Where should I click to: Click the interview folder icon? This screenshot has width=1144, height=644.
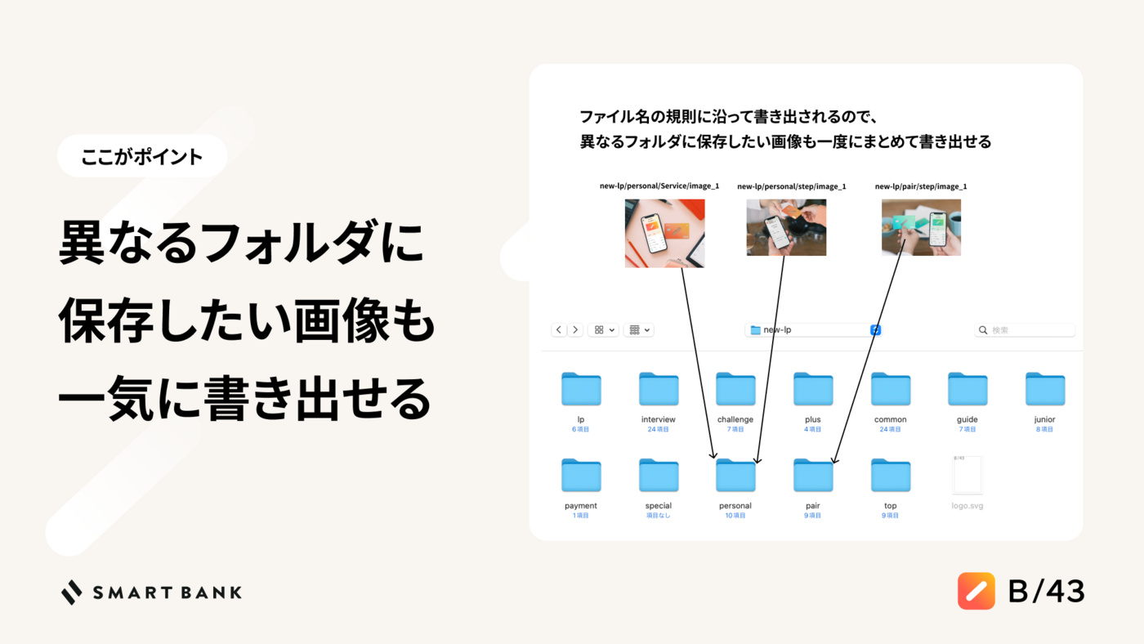pos(659,389)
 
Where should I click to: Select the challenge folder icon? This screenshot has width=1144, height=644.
pos(735,389)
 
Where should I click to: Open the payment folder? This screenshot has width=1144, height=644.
pos(581,476)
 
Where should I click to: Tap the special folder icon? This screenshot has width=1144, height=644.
pos(659,476)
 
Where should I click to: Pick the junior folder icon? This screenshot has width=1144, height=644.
pos(1045,389)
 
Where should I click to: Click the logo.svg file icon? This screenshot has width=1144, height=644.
pos(967,475)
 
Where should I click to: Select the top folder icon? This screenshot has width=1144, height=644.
pos(890,476)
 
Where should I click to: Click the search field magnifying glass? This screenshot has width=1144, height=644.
pos(982,330)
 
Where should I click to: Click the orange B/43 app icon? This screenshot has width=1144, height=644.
pos(976,591)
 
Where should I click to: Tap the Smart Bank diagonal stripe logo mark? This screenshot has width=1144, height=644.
pos(72,593)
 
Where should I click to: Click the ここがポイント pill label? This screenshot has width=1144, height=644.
pos(142,156)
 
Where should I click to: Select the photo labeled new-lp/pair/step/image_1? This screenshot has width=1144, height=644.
pos(921,227)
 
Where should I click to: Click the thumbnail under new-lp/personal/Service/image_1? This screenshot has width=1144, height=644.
pos(664,234)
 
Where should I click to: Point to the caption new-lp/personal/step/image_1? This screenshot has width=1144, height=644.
pos(791,186)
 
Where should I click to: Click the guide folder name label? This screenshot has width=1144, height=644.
pos(967,419)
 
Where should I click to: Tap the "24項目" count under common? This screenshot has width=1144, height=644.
pos(890,430)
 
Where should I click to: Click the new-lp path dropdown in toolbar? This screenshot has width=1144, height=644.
pos(813,330)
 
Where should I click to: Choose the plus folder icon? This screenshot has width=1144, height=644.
pos(813,389)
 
